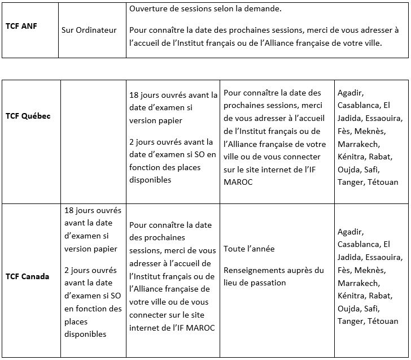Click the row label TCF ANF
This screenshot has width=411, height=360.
[21, 26]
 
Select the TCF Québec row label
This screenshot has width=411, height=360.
[28, 116]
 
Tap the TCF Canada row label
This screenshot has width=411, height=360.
[27, 276]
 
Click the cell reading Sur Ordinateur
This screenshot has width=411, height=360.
[89, 29]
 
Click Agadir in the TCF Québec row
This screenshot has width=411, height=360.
[351, 93]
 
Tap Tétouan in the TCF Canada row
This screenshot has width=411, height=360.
[383, 322]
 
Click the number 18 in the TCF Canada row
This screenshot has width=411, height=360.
[69, 210]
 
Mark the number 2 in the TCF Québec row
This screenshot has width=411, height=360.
[132, 142]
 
